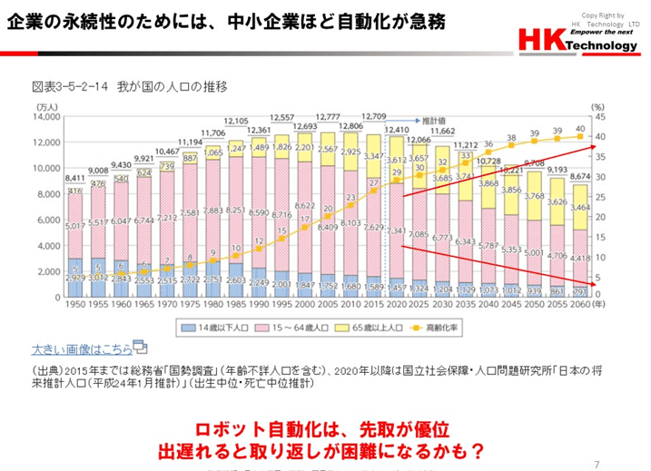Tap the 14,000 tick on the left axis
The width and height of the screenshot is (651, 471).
pos(44,117)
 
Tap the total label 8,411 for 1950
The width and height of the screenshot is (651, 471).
pos(75,179)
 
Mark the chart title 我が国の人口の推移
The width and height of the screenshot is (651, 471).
pos(129,88)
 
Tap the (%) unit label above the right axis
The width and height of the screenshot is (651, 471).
pos(598,107)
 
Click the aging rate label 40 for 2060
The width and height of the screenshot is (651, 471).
pos(580,130)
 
